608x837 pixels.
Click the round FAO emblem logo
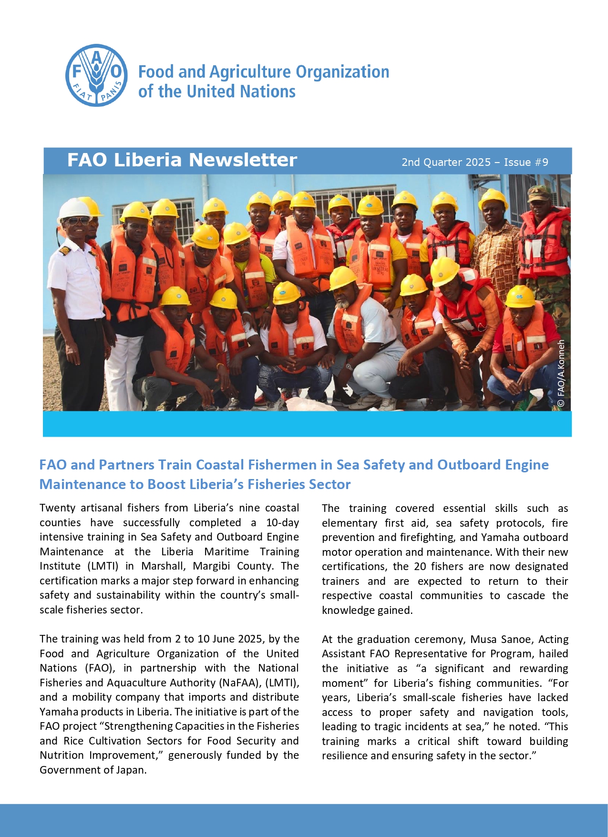click(96, 75)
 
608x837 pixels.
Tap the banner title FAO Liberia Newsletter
click(182, 160)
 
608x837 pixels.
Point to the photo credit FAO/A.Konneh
click(561, 373)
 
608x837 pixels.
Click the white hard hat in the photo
click(74, 208)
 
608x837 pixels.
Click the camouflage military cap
click(539, 193)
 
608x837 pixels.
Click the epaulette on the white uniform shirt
click(63, 250)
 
